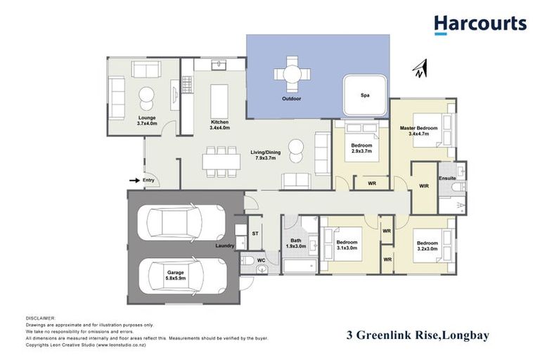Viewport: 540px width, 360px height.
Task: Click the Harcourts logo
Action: coord(480,25)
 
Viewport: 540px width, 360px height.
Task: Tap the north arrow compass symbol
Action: coord(420,68)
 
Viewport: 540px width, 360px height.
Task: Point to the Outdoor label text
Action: coord(291,99)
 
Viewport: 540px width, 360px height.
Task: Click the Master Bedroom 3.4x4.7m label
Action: coord(418,131)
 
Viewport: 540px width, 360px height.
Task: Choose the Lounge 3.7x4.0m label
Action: coord(147,120)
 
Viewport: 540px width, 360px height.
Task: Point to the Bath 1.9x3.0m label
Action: coord(296,244)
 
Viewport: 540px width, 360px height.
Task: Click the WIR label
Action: coord(423,186)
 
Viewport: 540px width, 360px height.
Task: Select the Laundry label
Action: coord(224,246)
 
